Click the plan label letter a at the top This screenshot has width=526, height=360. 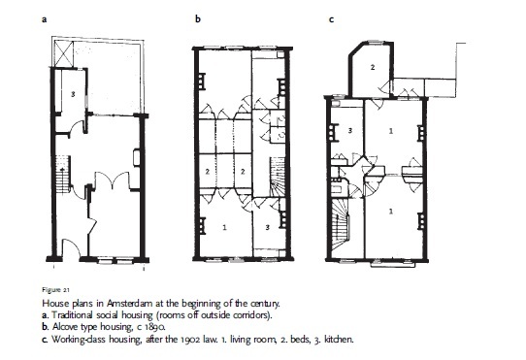44,19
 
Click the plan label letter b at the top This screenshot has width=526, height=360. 198,18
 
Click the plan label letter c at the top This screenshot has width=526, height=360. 331,19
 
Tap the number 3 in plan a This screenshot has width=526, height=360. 73,95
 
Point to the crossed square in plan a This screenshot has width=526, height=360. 63,53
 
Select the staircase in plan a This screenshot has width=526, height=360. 63,175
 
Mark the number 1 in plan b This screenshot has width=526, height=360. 224,227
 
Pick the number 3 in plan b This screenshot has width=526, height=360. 267,227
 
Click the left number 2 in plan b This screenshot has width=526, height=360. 208,172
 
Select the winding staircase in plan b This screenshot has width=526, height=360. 278,178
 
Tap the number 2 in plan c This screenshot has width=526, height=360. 373,67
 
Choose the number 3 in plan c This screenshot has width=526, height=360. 350,130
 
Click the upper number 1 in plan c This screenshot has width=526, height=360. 391,131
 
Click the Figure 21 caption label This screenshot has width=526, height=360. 55,290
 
